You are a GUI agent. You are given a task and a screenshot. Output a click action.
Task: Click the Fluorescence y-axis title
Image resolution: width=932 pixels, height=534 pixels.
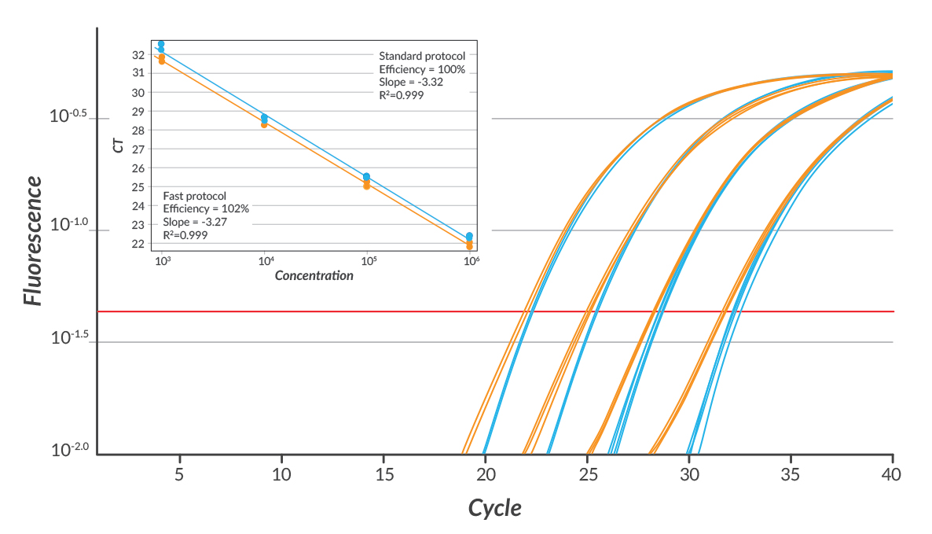[x=32, y=241]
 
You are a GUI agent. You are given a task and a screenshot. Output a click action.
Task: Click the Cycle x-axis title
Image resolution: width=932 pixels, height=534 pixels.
[x=494, y=507]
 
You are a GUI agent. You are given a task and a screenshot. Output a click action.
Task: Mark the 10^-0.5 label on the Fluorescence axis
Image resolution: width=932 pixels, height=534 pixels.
[x=69, y=116]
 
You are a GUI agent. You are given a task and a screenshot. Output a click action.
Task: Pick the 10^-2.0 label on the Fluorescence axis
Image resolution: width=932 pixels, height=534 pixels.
[x=69, y=451]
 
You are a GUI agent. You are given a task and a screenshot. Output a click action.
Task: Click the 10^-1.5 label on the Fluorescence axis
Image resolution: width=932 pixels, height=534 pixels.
[x=69, y=338]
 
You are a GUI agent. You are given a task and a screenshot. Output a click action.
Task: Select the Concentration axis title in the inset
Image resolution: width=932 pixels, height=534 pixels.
[x=314, y=276]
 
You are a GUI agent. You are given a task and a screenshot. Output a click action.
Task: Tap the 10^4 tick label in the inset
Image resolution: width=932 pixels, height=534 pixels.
[x=265, y=261]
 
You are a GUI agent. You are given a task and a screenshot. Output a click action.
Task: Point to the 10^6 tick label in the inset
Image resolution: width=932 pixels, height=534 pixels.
[x=470, y=261]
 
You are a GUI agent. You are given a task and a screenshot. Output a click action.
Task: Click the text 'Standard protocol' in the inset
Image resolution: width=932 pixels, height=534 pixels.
[x=422, y=56]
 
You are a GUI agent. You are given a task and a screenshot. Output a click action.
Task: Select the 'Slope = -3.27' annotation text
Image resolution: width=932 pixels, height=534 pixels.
[x=196, y=222]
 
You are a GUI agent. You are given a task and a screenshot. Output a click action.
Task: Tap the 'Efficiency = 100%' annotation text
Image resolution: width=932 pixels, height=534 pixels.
[x=422, y=69]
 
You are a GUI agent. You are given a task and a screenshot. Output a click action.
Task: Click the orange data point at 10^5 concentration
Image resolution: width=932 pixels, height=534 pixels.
[x=367, y=186]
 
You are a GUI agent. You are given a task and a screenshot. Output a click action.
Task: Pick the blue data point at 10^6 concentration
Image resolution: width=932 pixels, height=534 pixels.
[x=469, y=236]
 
